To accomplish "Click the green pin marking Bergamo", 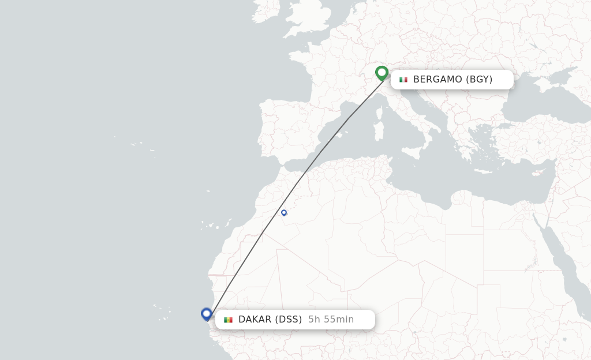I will click(x=381, y=73).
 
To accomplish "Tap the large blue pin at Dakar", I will click(x=207, y=314).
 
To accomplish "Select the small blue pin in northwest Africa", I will click(x=284, y=213).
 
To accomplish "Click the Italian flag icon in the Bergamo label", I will click(x=403, y=80).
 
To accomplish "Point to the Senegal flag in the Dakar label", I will click(x=229, y=320).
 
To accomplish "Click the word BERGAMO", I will click(x=438, y=80).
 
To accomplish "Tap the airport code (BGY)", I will click(x=479, y=80).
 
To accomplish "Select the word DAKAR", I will click(x=255, y=320).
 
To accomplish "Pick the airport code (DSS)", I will click(x=289, y=320).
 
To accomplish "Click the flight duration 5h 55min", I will click(x=331, y=320).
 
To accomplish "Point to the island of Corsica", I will click(x=380, y=111).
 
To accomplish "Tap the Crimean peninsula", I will click(x=543, y=84).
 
